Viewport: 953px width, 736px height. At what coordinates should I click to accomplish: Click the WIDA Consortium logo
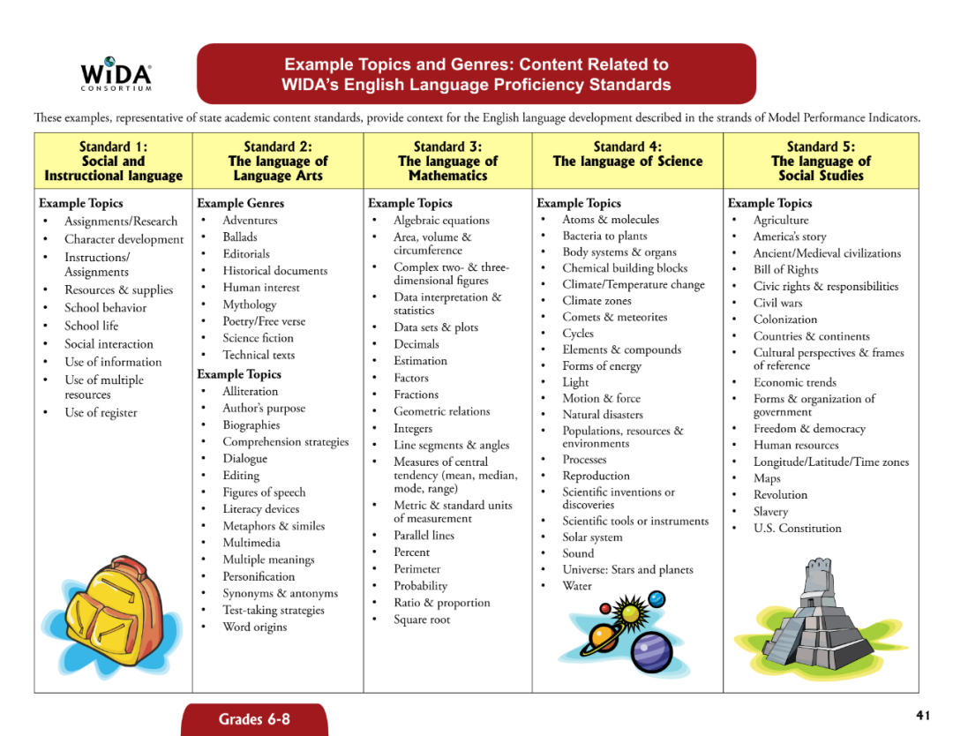point(116,74)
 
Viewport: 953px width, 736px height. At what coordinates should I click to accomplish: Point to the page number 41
point(923,714)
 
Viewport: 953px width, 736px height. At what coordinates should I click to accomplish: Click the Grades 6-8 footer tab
point(254,719)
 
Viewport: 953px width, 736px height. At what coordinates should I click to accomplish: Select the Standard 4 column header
point(627,154)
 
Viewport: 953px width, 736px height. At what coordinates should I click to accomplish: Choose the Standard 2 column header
point(277,161)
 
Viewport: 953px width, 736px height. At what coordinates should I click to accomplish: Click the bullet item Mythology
point(249,304)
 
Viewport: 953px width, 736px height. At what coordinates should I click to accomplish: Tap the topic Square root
point(422,620)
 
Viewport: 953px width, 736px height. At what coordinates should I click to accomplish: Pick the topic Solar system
point(592,537)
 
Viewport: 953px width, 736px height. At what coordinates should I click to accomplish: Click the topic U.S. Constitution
point(797,529)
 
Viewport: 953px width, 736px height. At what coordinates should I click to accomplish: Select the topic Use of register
point(101,413)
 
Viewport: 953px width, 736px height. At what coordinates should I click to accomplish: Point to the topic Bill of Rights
point(785,270)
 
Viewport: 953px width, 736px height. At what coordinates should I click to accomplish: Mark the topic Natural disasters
point(603,415)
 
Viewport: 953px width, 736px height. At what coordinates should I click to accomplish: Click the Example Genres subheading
point(240,203)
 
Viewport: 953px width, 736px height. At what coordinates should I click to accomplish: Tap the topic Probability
point(420,586)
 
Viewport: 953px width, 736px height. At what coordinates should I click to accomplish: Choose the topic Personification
point(259,576)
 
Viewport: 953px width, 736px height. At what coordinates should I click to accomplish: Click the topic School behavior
point(105,308)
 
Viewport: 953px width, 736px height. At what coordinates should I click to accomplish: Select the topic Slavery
point(770,512)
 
